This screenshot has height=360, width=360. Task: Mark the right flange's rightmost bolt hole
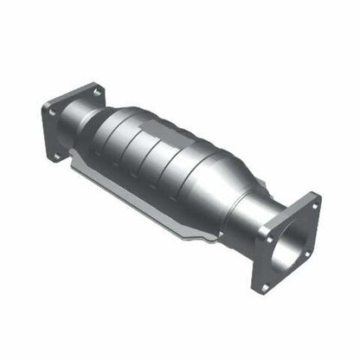pos(305,254)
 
